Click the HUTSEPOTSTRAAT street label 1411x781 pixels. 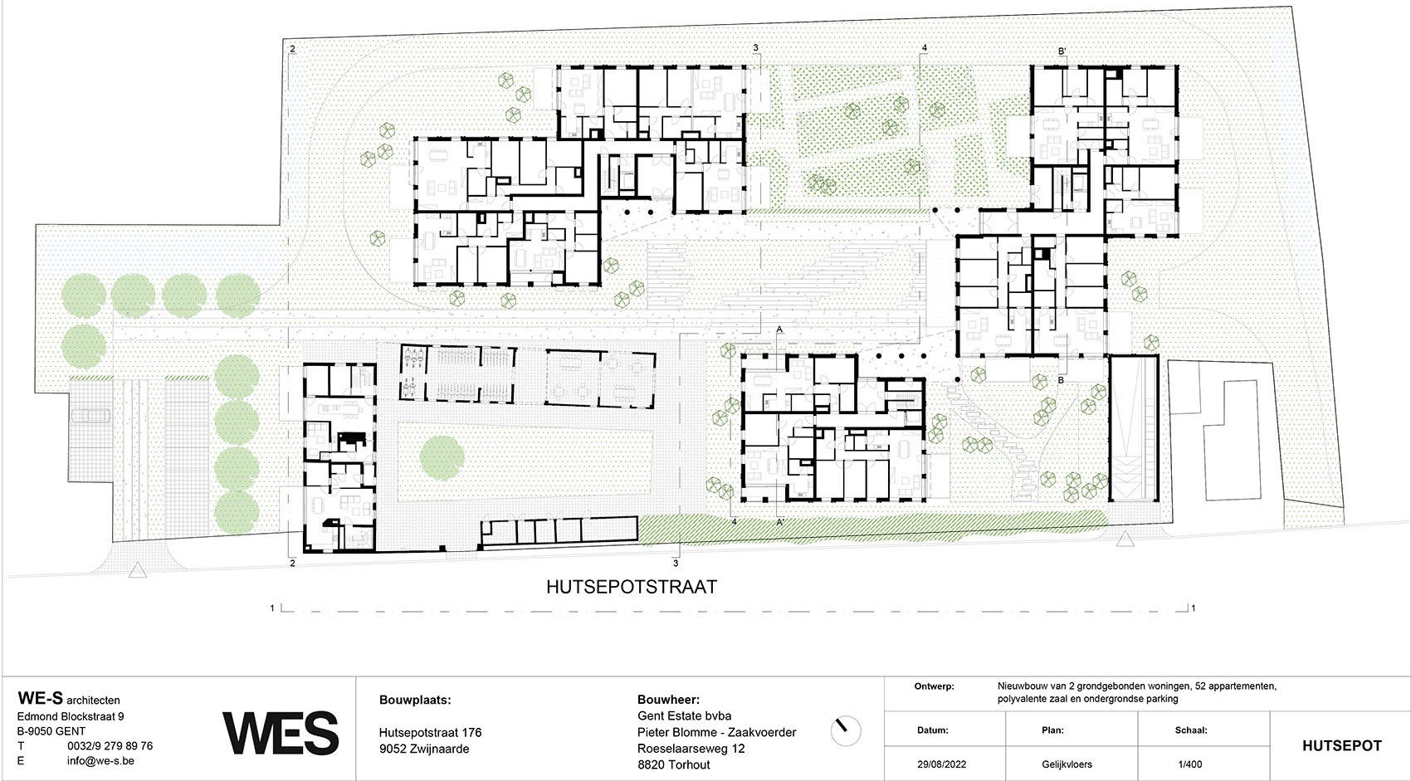point(631,587)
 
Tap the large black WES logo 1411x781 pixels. point(281,733)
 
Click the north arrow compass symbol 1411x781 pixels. point(846,730)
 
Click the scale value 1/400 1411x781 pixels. point(1189,764)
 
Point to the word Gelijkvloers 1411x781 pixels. point(1067,764)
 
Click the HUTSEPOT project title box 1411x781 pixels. point(1341,745)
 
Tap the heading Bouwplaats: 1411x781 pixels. point(415,700)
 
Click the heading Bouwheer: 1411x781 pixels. point(669,700)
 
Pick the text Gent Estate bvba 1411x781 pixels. point(684,716)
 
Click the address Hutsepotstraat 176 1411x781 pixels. point(430,733)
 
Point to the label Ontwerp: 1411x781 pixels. point(934,687)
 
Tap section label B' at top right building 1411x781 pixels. point(1062,51)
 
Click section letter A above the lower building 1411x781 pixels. point(779,329)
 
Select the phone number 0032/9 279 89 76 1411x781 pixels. point(110,746)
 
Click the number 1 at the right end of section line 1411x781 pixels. point(1194,609)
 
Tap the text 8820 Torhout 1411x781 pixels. point(673,764)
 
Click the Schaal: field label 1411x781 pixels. point(1192,731)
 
